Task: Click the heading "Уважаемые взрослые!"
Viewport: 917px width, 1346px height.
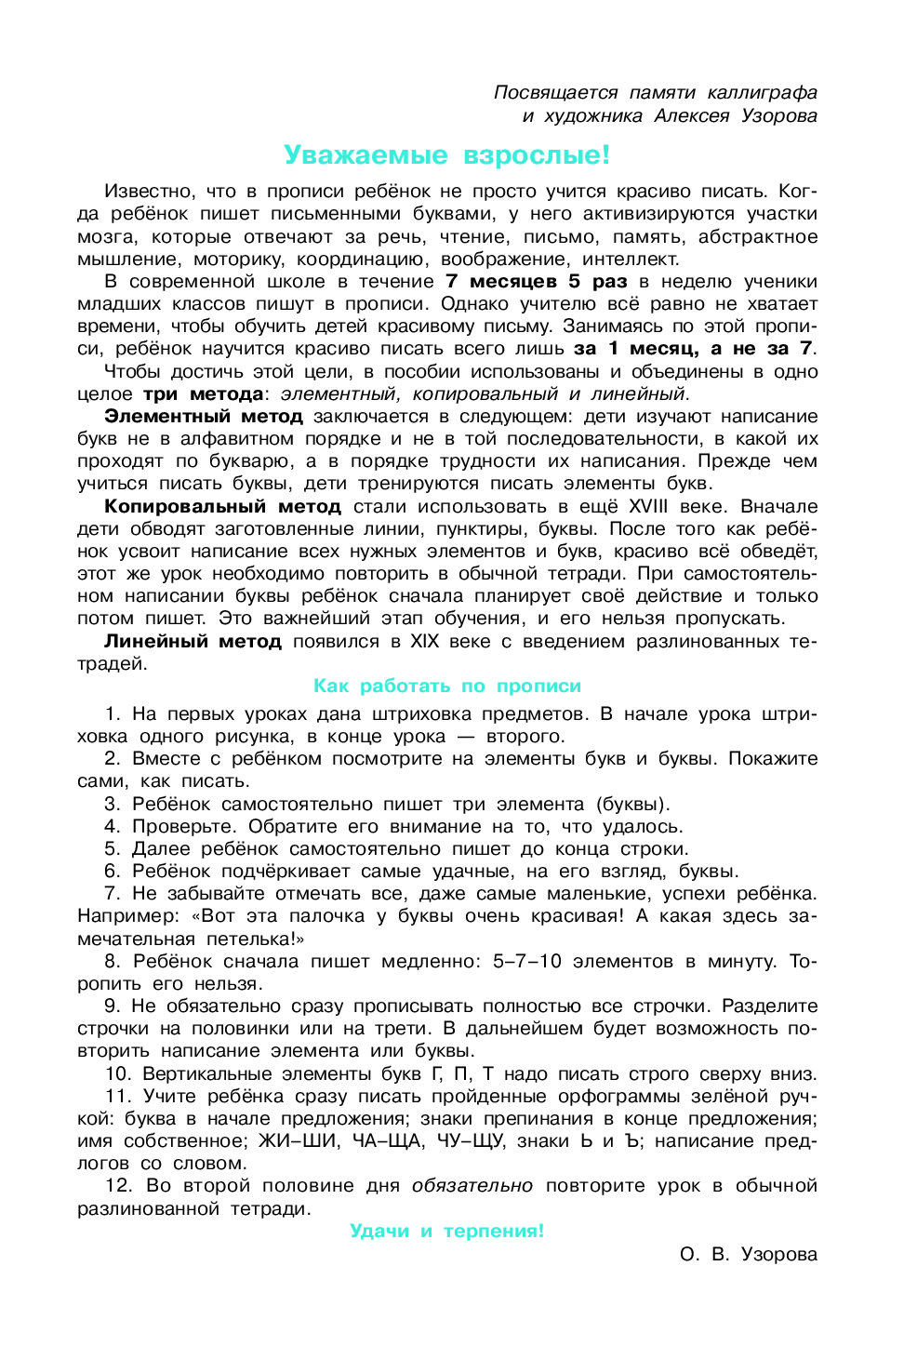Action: (x=446, y=154)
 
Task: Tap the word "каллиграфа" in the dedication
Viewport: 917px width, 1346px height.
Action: (x=762, y=92)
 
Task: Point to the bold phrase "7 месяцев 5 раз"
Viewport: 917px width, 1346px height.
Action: (x=536, y=281)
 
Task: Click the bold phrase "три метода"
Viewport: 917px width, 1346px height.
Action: (x=204, y=393)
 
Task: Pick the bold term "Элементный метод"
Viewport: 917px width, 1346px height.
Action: (x=204, y=416)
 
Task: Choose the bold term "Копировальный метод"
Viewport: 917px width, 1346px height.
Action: (x=222, y=506)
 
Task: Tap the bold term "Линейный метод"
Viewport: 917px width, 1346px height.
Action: (x=193, y=641)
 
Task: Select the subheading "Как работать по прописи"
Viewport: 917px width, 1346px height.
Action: (x=446, y=686)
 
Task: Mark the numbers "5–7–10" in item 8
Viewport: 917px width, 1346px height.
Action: (x=527, y=961)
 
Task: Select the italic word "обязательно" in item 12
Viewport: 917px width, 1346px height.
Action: (x=472, y=1185)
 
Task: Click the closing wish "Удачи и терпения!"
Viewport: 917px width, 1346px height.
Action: (x=446, y=1231)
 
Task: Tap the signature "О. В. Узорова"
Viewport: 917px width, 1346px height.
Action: (x=748, y=1254)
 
